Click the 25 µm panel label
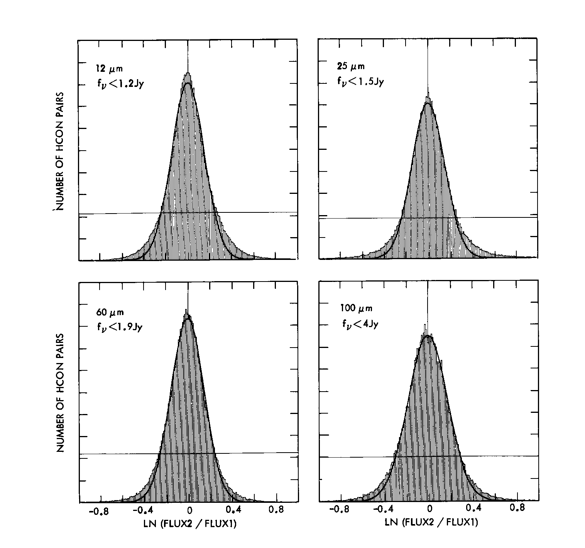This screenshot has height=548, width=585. coord(350,67)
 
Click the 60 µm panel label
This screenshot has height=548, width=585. coord(110,312)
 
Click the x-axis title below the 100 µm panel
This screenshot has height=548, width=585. coord(431,523)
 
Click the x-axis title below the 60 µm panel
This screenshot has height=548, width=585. coord(190,524)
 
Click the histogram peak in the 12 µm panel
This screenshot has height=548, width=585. coord(188,73)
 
